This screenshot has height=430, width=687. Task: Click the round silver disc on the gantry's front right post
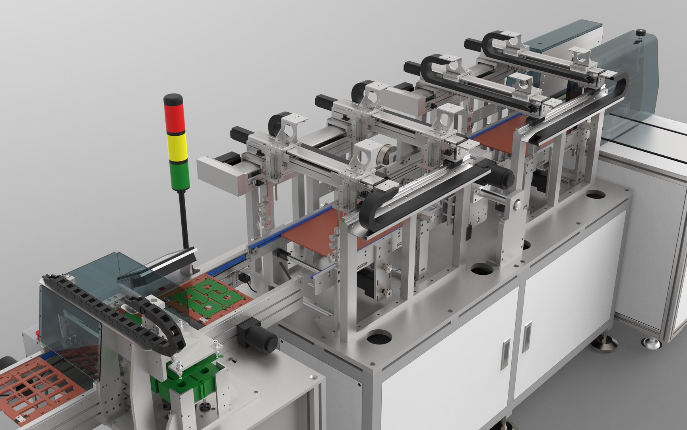coord(516,204)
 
